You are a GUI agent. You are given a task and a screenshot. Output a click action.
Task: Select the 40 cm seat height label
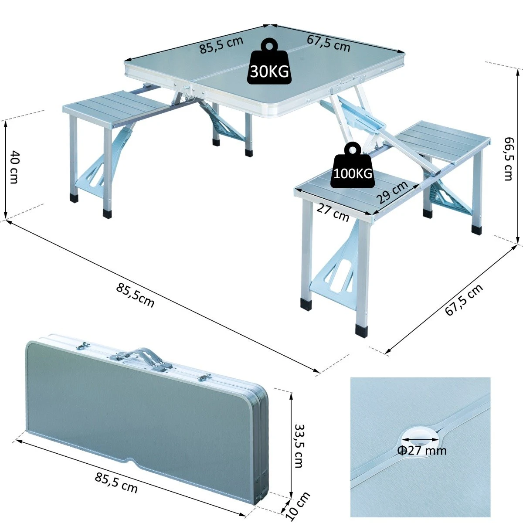pos(14,167)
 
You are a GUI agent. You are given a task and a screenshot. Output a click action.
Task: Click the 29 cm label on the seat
pos(392,192)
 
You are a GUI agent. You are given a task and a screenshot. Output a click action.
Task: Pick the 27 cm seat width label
pos(333,213)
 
